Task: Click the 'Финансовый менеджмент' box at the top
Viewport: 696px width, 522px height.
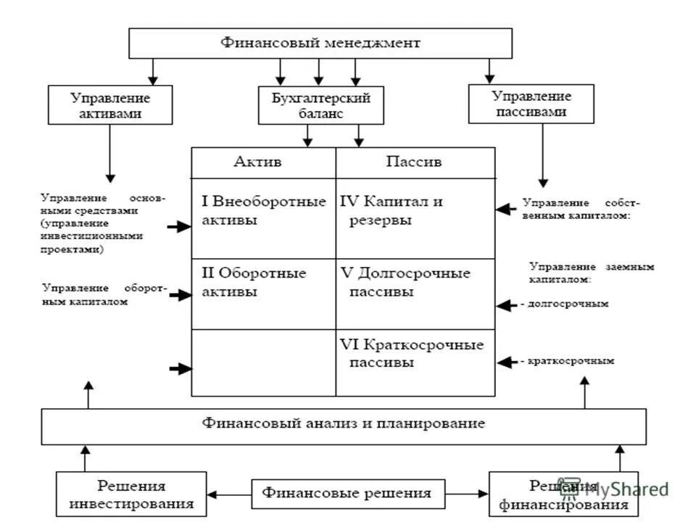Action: (x=320, y=43)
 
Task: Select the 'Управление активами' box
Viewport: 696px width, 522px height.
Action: (x=110, y=105)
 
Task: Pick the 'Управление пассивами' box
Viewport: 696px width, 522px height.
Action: (x=531, y=104)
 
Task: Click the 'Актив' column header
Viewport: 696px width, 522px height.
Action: (x=263, y=162)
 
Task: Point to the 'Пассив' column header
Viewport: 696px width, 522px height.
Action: (x=415, y=162)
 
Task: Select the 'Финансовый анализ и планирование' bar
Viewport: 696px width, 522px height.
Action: (x=343, y=426)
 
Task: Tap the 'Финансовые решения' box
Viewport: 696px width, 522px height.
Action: (x=347, y=494)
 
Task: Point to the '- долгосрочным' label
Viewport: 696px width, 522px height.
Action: (x=564, y=304)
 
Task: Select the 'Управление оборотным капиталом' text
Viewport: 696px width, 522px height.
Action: (x=104, y=295)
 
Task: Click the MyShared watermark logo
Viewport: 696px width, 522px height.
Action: (x=616, y=489)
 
